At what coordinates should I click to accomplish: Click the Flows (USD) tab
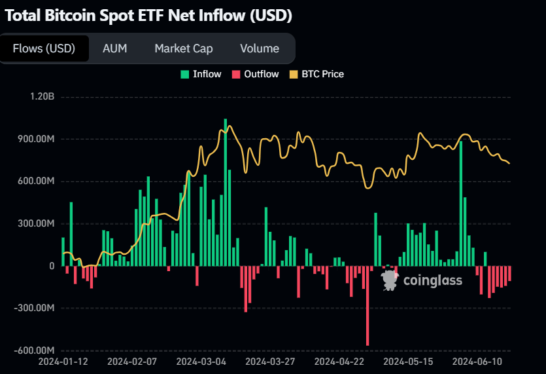(x=44, y=48)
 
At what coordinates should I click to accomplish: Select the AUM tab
(x=115, y=48)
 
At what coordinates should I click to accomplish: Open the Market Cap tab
(x=184, y=48)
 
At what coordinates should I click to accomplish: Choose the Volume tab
(x=260, y=48)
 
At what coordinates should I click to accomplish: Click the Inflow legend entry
(x=201, y=74)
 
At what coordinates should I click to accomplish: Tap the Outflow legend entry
(x=256, y=74)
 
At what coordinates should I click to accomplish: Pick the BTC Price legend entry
(x=316, y=74)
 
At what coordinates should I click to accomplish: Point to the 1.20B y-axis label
(x=42, y=97)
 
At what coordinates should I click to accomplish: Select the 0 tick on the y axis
(x=51, y=266)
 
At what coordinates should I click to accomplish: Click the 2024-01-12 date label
(x=63, y=361)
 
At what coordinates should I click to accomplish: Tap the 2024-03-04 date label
(x=201, y=361)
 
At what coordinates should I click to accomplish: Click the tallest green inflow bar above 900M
(x=226, y=190)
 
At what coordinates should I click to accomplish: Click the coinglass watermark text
(x=433, y=280)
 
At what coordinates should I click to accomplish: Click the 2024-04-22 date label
(x=339, y=361)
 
